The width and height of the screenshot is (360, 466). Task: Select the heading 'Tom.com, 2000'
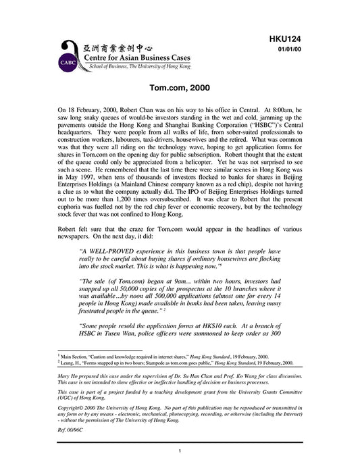[x=180, y=89]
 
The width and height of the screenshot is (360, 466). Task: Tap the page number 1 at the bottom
[x=180, y=451]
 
